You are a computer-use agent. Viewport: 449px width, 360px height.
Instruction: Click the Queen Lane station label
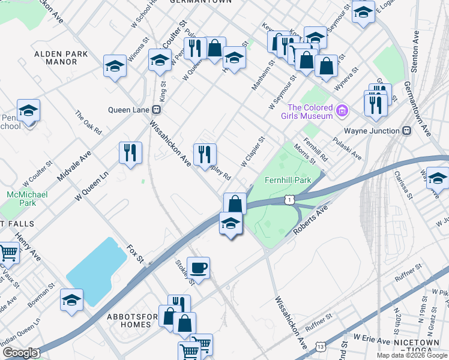coord(128,110)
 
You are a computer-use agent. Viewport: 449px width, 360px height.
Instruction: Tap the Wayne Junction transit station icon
coord(406,130)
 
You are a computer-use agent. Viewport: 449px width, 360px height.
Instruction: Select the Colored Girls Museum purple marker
coord(342,110)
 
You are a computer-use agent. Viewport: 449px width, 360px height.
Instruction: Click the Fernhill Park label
coord(288,180)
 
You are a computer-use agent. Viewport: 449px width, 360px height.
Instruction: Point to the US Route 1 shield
coord(290,199)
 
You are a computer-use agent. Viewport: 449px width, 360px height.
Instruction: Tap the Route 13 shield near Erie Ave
coord(322,347)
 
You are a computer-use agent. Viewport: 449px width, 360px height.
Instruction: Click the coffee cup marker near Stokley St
coord(198,267)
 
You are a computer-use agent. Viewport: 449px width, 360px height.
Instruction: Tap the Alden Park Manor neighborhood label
coord(61,58)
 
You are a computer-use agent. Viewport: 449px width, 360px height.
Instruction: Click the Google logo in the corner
coord(20,353)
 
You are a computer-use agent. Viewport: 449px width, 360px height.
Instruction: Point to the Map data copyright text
coord(412,355)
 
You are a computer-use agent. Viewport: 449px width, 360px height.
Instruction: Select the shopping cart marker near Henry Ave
coord(8,253)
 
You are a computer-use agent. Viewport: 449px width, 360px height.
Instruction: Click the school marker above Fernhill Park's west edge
coord(231,223)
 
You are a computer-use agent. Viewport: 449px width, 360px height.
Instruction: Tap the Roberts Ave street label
coord(313,220)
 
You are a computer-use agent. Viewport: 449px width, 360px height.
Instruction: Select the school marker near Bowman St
coord(72,299)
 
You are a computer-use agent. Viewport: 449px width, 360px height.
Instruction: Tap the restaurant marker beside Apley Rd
coord(205,155)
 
